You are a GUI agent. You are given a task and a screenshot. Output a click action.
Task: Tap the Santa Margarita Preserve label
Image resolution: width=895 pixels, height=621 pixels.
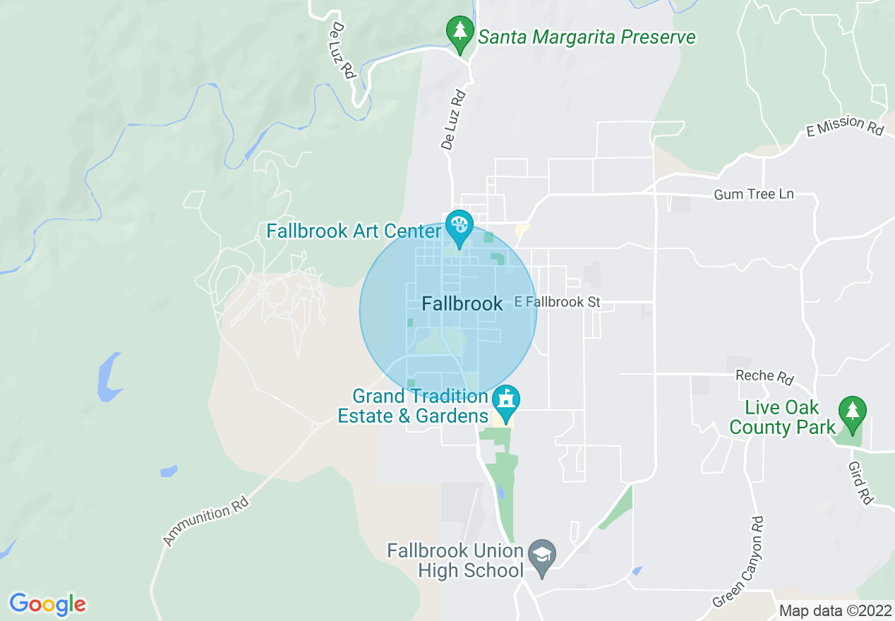tap(587, 37)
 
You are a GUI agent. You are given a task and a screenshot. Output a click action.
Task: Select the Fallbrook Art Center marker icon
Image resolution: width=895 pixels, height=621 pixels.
tap(459, 227)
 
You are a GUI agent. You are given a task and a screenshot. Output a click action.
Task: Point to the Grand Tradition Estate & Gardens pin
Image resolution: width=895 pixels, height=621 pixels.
tap(506, 401)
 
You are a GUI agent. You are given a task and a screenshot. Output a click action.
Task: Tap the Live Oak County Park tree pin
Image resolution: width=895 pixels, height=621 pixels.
tap(853, 412)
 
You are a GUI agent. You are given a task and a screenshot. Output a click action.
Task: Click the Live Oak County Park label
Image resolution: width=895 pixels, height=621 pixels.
tap(782, 418)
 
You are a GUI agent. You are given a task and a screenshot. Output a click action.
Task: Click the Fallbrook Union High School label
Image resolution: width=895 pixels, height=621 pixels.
tap(455, 560)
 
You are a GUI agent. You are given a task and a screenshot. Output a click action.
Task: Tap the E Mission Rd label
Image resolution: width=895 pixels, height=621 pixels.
tap(845, 126)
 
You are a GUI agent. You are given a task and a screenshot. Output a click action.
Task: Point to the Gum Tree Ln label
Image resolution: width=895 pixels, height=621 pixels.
tap(753, 194)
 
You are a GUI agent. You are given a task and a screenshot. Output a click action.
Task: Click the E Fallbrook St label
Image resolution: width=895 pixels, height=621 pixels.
tap(557, 302)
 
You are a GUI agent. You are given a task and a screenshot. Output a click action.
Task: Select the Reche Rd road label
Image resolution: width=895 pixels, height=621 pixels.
tap(764, 376)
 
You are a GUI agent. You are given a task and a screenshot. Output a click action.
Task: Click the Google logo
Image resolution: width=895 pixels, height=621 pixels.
tap(47, 604)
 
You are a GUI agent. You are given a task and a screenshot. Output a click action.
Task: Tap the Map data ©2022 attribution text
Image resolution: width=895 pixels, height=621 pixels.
tap(835, 610)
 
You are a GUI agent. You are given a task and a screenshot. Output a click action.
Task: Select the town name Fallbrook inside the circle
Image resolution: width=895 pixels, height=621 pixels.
tap(462, 304)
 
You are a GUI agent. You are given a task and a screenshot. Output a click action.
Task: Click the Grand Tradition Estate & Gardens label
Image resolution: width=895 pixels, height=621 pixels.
tap(413, 406)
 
